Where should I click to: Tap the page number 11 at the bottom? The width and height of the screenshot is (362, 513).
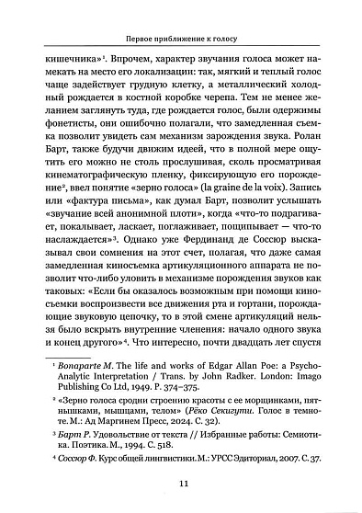click(181, 486)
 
